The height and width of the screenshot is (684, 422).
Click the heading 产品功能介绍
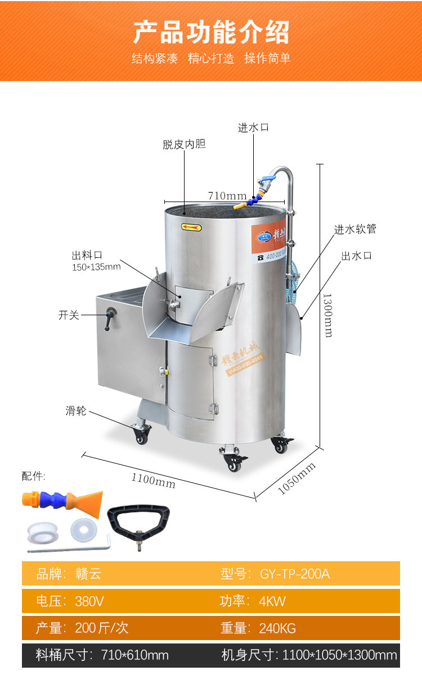pos(211,32)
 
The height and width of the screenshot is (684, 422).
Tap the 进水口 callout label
pos(253,128)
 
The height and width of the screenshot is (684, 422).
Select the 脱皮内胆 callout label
pos(184,145)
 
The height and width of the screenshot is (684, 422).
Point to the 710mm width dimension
pos(227,195)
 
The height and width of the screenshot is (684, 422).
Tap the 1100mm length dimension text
pos(153,480)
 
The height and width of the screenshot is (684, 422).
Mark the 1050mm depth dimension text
pos(297,479)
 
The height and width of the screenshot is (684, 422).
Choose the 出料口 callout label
pos(87,255)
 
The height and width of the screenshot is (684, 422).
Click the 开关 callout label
pos(69,315)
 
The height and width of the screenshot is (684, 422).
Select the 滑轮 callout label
pos(76,411)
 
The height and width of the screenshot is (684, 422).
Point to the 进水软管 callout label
pos(355,229)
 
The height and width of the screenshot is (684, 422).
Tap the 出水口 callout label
pos(356,256)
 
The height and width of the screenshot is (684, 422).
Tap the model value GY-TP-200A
pos(295,574)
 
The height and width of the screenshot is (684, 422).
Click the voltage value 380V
pos(89,601)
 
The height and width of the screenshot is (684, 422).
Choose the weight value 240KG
pos(277,628)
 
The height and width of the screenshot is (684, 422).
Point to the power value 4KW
pos(272,601)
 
